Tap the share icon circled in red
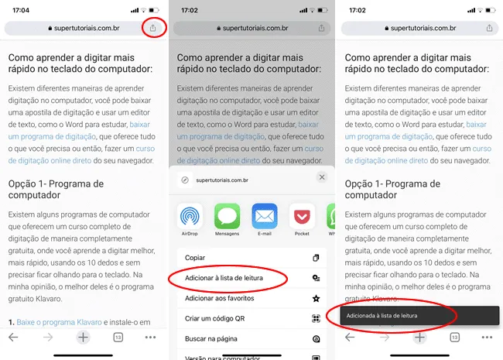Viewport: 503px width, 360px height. pos(152,28)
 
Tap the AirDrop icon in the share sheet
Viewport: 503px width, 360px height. pos(190,216)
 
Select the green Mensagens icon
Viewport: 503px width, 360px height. pos(227,216)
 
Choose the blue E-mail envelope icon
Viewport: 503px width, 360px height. pos(265,216)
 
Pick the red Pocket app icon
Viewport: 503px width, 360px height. pos(302,216)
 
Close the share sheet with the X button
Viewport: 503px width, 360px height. pos(322,177)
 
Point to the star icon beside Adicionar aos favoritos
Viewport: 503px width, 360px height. pos(316,298)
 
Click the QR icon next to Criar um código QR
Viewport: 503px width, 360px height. pos(316,318)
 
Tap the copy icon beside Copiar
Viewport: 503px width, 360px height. pos(316,258)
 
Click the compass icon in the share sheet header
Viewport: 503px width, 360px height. pos(185,180)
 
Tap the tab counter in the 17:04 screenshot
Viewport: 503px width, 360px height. pos(118,338)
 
